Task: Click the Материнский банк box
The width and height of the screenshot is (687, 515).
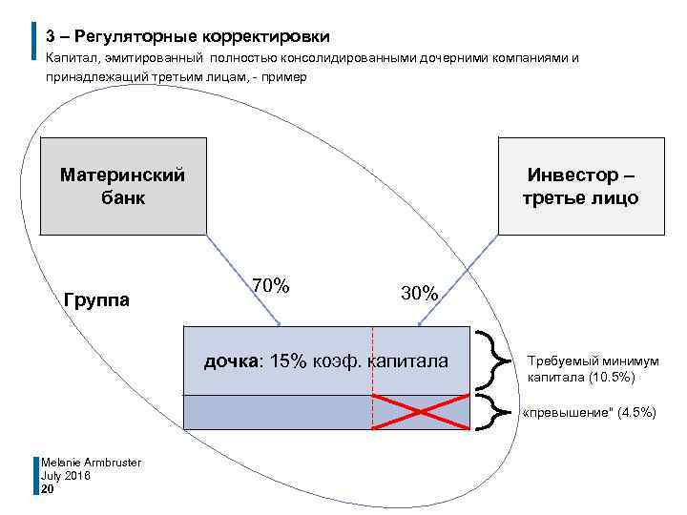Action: [x=123, y=186]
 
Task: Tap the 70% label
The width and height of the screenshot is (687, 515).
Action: [x=271, y=285]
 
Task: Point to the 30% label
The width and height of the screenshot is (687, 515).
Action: [x=420, y=294]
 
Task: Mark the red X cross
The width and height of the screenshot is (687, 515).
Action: [x=420, y=412]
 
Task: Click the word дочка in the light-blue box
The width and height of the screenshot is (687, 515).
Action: [x=231, y=360]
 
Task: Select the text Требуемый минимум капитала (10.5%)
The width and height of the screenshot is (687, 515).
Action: [x=593, y=369]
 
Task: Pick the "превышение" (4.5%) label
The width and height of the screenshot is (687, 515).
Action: [x=589, y=412]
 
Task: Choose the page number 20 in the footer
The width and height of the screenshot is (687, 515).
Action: [x=48, y=488]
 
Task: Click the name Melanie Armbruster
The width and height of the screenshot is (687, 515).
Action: [x=91, y=463]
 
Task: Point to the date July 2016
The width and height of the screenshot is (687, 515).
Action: [x=66, y=475]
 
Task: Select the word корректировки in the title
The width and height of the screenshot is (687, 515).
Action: [x=265, y=37]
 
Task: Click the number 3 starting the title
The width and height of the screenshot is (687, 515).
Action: [x=51, y=37]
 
